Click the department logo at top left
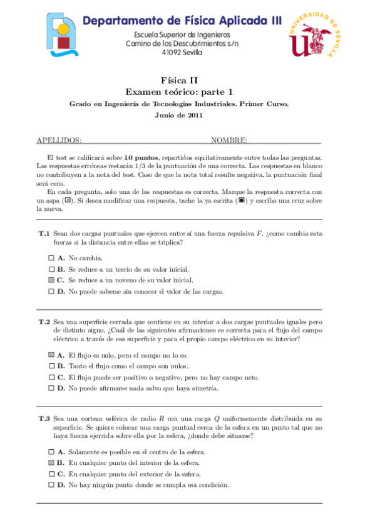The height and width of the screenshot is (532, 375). (x=64, y=35)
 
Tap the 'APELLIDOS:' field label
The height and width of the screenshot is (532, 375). (x=59, y=141)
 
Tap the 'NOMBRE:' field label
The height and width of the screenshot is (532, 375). (x=229, y=141)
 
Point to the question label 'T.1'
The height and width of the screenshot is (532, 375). (x=44, y=233)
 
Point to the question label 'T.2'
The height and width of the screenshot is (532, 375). (x=44, y=321)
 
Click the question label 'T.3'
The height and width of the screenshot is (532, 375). (x=44, y=418)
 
